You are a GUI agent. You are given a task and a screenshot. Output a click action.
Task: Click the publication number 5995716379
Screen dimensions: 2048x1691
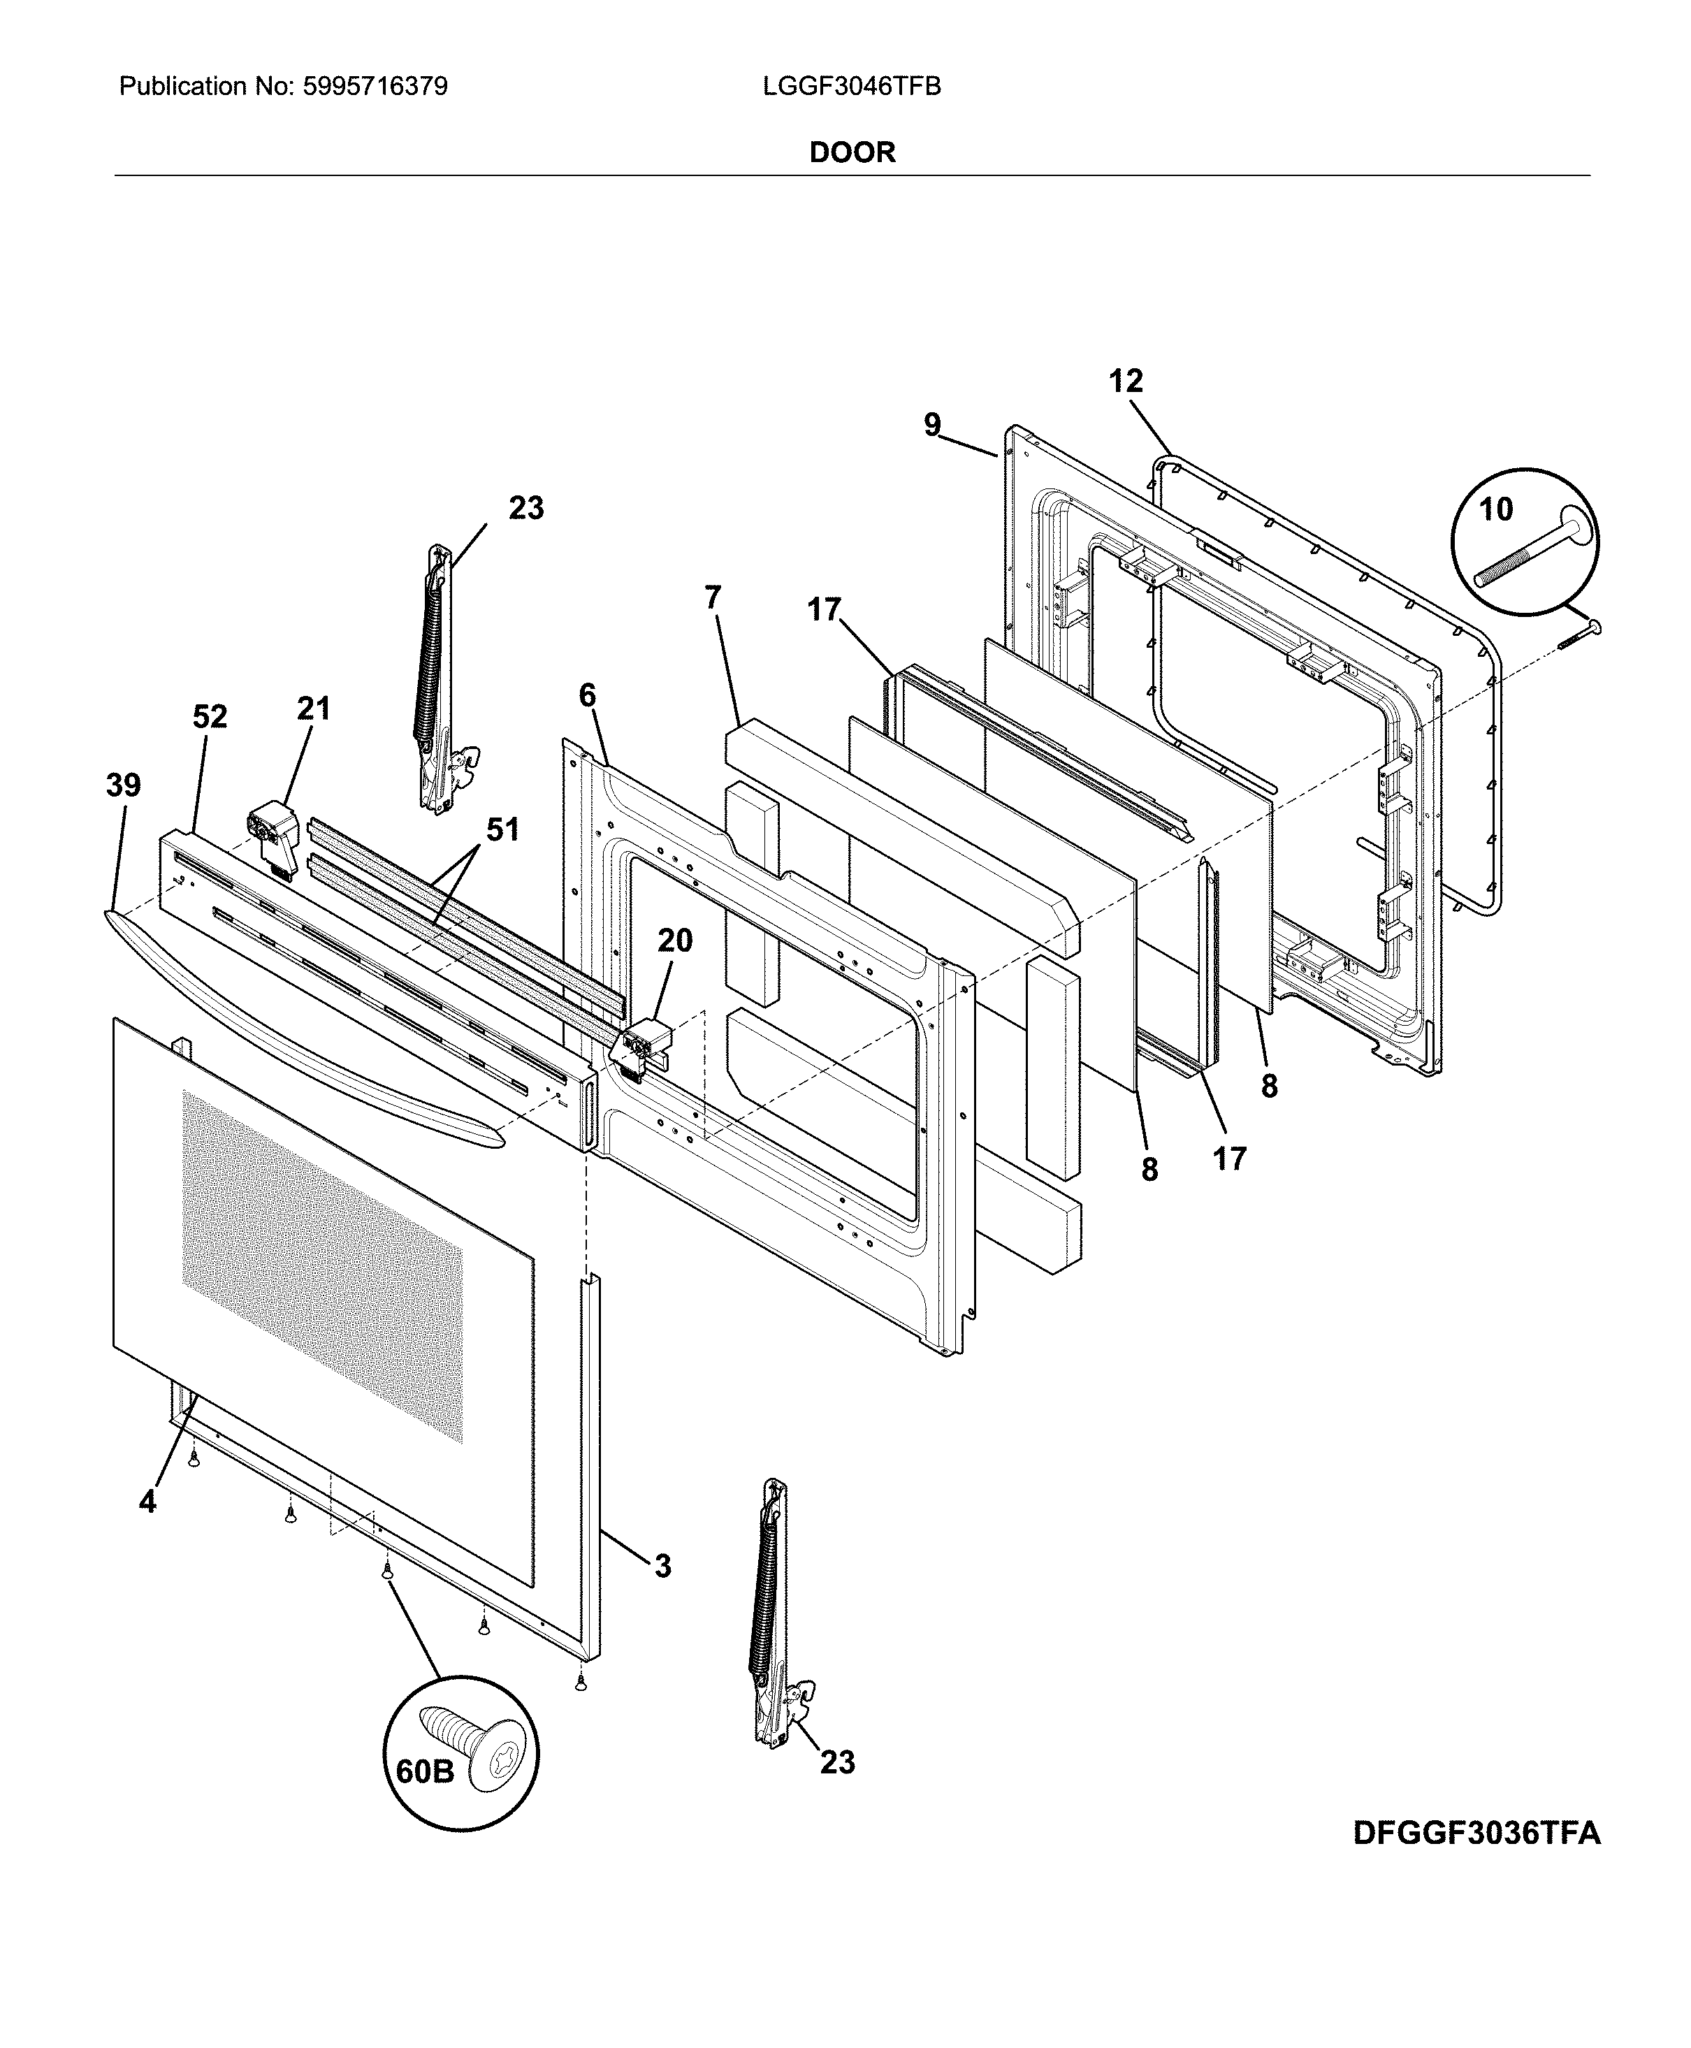point(375,87)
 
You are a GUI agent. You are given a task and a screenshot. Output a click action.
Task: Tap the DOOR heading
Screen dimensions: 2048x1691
point(852,152)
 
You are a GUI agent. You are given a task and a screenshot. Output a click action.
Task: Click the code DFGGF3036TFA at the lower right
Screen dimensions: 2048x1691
point(1476,1833)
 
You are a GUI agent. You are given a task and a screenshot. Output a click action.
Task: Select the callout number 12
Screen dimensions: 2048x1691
point(1126,381)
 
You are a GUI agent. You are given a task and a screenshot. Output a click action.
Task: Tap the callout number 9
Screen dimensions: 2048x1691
point(932,426)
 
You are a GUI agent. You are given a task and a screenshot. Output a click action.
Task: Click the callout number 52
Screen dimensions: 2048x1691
point(210,717)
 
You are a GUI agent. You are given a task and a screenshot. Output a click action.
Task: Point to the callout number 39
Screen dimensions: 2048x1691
point(124,785)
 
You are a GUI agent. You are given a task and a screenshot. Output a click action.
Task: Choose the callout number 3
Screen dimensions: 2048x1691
point(662,1566)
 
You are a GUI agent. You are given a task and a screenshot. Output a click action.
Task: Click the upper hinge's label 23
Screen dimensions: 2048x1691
point(526,509)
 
